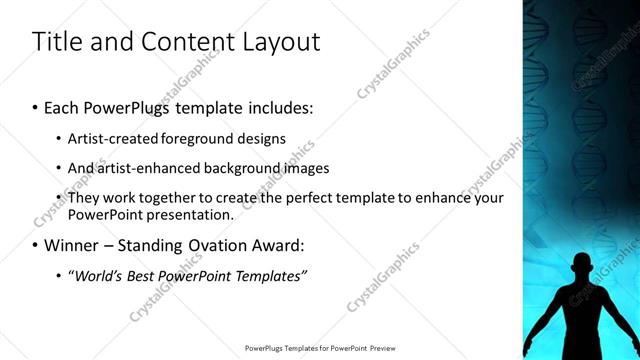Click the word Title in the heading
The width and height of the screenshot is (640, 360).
[55, 42]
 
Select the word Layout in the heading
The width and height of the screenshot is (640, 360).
[283, 42]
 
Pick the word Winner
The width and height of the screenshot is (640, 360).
[73, 245]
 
